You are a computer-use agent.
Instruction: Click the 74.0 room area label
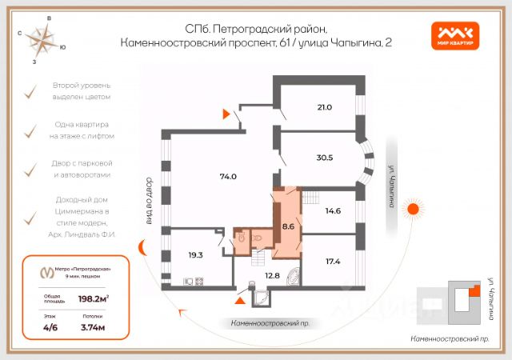(228, 176)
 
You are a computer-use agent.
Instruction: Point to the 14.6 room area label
(334, 211)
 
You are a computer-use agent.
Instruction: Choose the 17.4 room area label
(334, 261)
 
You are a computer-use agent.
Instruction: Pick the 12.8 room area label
(272, 276)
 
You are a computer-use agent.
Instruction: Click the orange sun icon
(414, 209)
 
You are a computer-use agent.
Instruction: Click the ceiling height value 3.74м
(94, 327)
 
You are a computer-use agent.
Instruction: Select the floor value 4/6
(50, 327)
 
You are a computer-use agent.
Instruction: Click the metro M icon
(47, 272)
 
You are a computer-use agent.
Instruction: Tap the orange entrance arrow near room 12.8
(240, 301)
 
